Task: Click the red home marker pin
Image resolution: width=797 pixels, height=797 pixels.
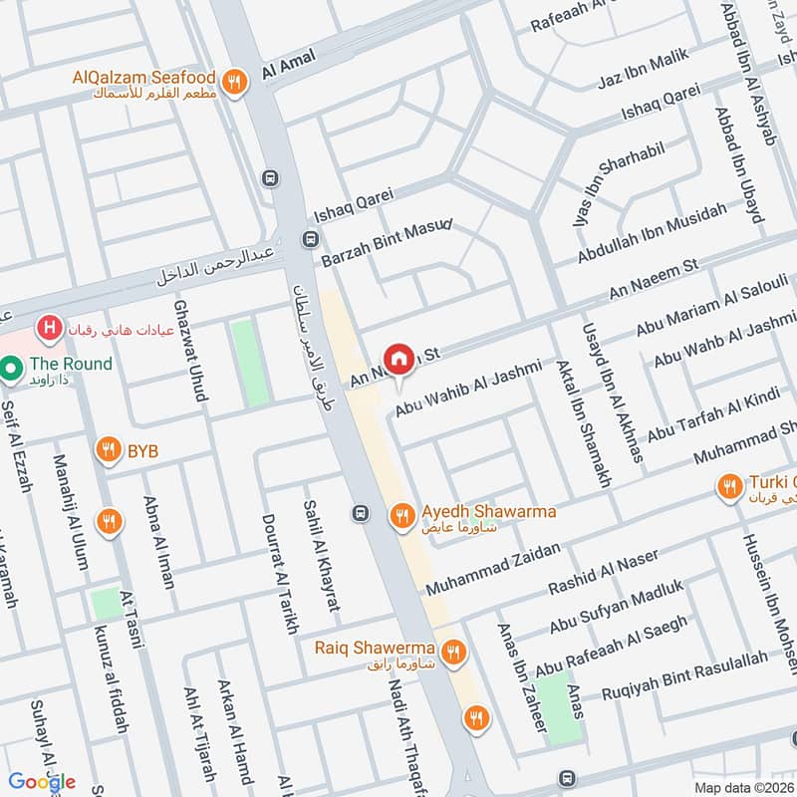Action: tap(398, 359)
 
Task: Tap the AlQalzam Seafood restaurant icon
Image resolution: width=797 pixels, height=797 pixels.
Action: tap(234, 83)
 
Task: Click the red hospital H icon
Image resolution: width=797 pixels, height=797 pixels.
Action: tap(46, 327)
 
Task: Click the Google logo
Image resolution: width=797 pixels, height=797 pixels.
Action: tap(42, 781)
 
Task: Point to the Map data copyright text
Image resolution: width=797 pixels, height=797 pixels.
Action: tap(743, 787)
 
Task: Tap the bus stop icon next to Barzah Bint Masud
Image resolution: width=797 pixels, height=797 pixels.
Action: tap(310, 240)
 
